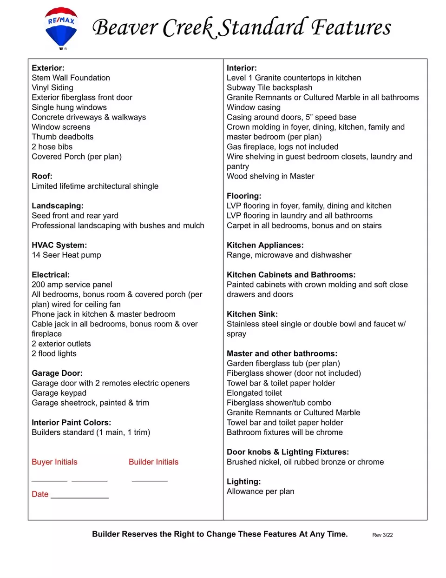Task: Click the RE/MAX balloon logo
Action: (61, 28)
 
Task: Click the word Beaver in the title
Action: (125, 27)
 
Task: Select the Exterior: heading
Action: (48, 68)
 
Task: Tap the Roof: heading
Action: (42, 176)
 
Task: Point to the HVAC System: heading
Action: (59, 245)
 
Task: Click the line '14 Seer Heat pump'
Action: (66, 255)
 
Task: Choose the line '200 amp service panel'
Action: (72, 285)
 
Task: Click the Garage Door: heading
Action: (57, 373)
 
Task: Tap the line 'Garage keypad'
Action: (59, 393)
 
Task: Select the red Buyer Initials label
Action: (54, 462)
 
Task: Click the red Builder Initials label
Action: (153, 462)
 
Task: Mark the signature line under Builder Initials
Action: (150, 480)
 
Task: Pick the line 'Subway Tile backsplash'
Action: (269, 87)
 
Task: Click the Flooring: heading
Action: (244, 196)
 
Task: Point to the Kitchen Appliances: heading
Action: (265, 245)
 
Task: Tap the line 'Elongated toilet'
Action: (254, 393)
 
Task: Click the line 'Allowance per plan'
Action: (260, 492)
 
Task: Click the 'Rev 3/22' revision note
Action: (382, 535)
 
